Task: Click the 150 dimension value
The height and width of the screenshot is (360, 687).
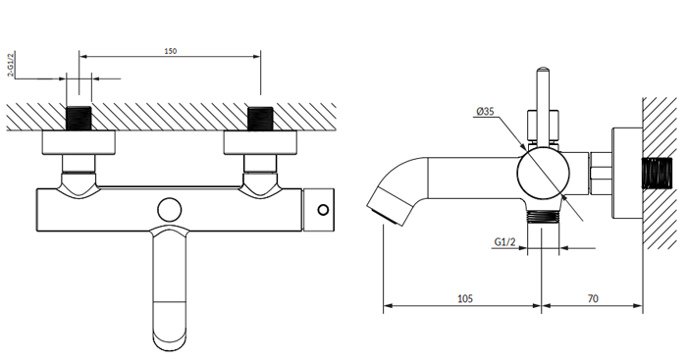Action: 171,51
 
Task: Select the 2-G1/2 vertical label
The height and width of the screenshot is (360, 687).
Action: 11,64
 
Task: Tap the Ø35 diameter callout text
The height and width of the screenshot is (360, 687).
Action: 486,111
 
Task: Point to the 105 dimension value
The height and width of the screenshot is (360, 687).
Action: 465,298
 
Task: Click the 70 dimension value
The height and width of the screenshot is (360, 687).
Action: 593,298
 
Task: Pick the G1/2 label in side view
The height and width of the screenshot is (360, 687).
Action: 504,241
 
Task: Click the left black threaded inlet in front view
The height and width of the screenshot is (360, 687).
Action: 79,119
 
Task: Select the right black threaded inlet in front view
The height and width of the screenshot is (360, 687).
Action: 260,119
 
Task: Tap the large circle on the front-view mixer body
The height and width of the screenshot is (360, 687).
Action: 170,210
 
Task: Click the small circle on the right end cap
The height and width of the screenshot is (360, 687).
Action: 323,210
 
